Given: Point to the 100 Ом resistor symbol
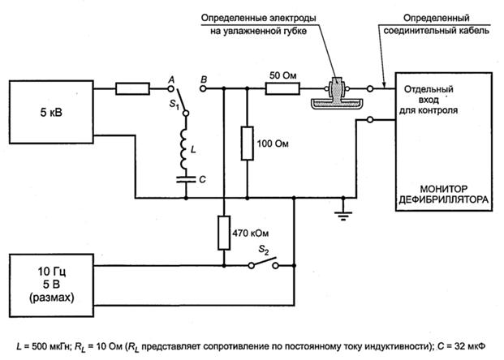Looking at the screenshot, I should (x=247, y=144).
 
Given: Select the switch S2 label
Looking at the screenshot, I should (x=264, y=251).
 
